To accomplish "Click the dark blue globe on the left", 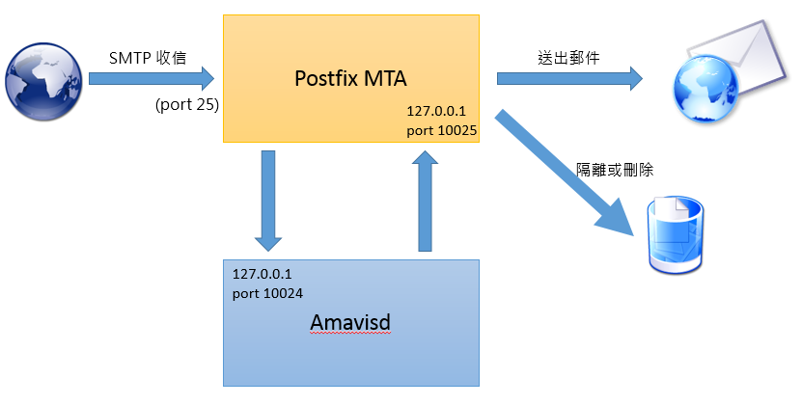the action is point(43,82).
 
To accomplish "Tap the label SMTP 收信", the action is point(148,58).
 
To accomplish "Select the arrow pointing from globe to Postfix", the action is point(152,78).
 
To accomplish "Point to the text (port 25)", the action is point(187,104).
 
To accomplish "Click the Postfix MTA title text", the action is point(351,78).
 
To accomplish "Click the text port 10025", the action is point(442,131).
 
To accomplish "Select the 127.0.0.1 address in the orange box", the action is point(436,111).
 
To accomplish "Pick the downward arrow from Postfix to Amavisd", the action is point(268,201).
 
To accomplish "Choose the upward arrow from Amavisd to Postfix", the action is point(425,201).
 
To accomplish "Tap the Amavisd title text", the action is point(350,322).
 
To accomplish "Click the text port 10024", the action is point(267,293).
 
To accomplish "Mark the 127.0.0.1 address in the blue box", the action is point(262,274).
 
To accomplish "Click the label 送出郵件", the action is point(568,58).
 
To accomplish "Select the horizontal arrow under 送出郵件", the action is point(569,78).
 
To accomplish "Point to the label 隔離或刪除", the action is point(615,170).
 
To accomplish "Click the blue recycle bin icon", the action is point(676,235).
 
